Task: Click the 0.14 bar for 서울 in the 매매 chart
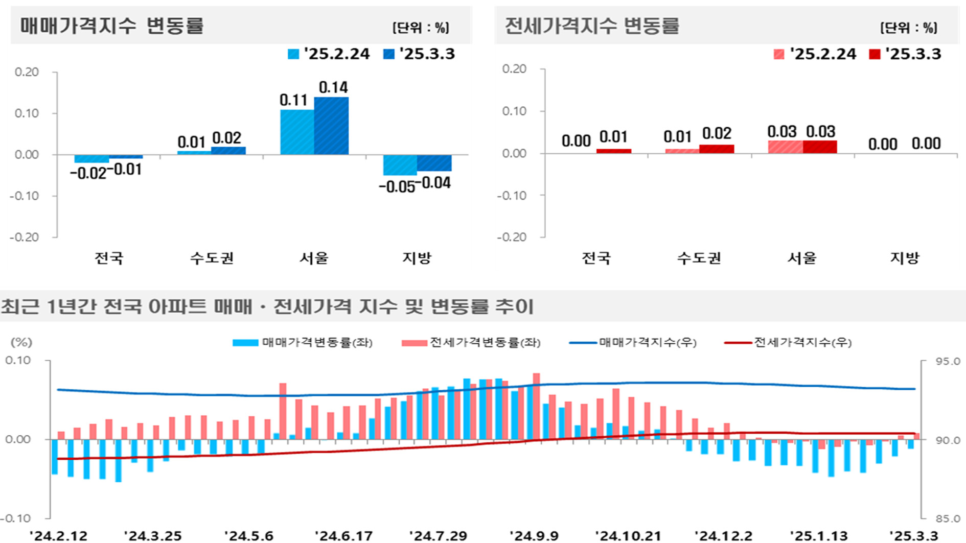pos(331,126)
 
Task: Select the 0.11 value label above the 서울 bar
pos(293,100)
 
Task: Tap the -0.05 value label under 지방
pos(397,187)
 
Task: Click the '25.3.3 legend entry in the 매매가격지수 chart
pos(419,54)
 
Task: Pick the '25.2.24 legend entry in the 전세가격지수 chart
pos(815,54)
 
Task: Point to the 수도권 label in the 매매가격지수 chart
pos(212,258)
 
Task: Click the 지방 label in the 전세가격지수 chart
pos(905,258)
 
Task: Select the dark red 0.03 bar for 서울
pos(820,147)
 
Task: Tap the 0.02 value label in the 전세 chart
pos(717,133)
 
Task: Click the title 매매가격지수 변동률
pos(112,26)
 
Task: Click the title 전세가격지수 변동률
pos(592,26)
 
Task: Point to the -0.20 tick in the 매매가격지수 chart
pos(25,237)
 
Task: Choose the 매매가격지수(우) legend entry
pos(634,342)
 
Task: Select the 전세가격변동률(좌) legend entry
pos(471,342)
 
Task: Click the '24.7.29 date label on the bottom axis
pos(438,536)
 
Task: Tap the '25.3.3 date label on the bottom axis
pos(913,536)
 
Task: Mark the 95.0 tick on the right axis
pos(948,361)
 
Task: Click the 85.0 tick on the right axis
pos(948,518)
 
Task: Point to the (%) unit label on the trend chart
pos(21,342)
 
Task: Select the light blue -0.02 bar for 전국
pos(91,159)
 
